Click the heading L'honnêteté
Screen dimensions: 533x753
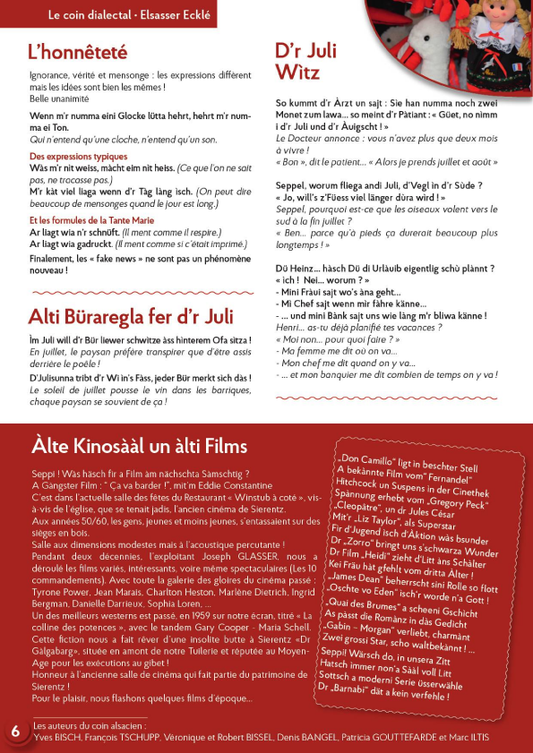[78, 52]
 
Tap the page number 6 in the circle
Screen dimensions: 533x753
[15, 730]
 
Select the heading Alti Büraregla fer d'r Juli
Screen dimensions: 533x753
[131, 316]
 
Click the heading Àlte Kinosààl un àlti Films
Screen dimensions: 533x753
[139, 446]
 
